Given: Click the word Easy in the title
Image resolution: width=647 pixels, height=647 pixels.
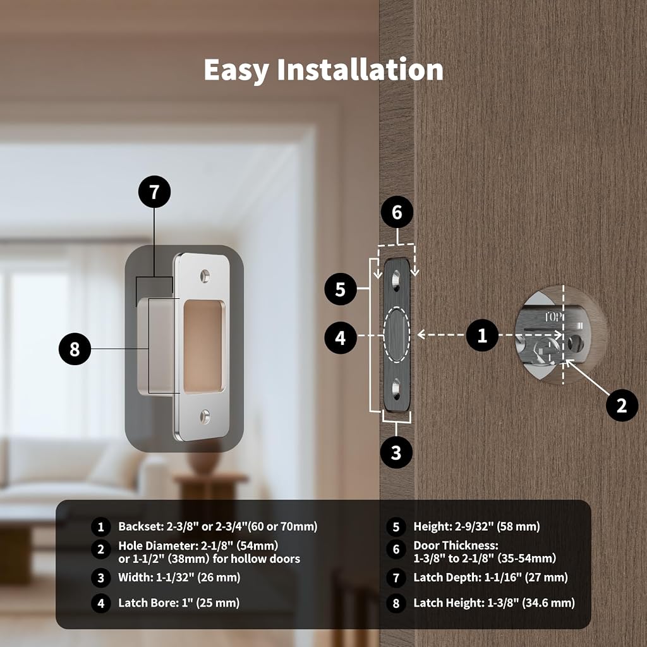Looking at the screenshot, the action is [x=236, y=71].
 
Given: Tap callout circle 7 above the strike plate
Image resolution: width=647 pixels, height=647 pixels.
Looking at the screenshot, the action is [x=154, y=192].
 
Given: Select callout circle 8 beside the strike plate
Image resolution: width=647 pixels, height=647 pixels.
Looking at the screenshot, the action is [x=75, y=349].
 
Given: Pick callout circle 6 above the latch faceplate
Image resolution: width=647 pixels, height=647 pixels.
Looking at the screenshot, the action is [x=397, y=212].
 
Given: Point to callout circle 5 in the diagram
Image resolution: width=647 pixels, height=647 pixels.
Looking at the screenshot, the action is [x=341, y=289].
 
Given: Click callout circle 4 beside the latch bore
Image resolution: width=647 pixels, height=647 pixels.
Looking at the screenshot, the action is [x=341, y=338].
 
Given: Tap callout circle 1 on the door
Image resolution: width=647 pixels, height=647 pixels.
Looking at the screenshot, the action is [x=482, y=335].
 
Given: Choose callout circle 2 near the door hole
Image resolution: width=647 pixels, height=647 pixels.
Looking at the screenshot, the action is [x=622, y=405].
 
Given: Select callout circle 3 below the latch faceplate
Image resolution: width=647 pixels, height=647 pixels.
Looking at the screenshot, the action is [x=396, y=452].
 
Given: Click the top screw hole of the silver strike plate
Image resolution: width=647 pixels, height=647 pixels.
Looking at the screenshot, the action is [x=205, y=276].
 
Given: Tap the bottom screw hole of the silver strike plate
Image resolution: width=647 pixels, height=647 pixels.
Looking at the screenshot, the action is [x=205, y=416].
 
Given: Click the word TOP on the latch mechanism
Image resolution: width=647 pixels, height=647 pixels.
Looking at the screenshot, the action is [x=553, y=317].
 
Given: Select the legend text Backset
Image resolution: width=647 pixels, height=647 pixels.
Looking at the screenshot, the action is [x=141, y=526].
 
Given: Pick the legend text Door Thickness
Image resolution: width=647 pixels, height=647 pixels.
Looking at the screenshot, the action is [x=456, y=545].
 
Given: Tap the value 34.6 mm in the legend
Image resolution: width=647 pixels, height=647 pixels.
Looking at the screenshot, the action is [x=548, y=603].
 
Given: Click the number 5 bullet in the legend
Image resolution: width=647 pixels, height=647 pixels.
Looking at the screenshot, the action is [x=396, y=527].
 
